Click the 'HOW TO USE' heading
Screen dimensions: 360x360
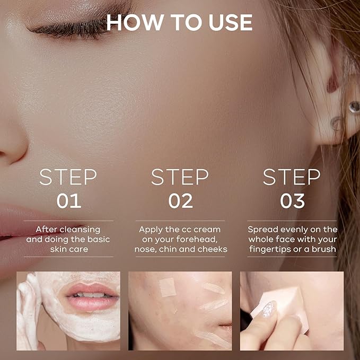click(179, 22)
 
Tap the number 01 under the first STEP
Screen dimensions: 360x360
click(69, 201)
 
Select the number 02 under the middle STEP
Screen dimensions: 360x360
click(180, 201)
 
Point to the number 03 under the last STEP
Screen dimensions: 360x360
click(292, 201)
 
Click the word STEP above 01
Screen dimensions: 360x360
click(68, 178)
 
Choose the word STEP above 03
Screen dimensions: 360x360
click(292, 178)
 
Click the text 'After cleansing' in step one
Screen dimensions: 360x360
click(68, 229)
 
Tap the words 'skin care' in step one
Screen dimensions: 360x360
click(68, 249)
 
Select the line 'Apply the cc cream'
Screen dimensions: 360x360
click(180, 229)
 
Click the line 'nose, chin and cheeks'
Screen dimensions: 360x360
click(180, 249)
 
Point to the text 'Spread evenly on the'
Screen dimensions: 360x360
click(292, 229)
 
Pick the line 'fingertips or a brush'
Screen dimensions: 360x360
click(292, 249)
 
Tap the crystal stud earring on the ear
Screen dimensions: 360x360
click(354, 107)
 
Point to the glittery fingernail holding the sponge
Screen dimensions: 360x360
click(268, 309)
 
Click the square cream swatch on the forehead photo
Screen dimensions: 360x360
click(168, 287)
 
